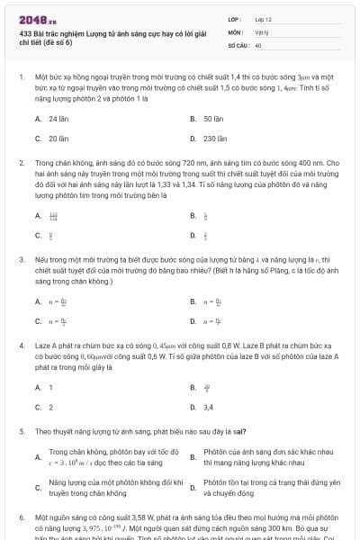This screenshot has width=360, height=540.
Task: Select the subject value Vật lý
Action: [261, 31]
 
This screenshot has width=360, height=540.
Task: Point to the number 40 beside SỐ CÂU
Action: [258, 44]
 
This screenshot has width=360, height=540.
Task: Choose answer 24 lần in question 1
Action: [58, 119]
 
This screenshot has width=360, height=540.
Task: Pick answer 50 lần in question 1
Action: [213, 119]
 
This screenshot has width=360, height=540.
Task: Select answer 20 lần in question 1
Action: [58, 139]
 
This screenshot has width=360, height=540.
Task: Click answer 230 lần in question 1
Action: [215, 139]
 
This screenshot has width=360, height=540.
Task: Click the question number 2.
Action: [21, 164]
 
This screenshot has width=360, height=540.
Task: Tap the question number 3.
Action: [21, 258]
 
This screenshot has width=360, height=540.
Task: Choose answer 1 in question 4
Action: [50, 387]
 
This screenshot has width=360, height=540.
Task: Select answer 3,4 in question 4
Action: [209, 407]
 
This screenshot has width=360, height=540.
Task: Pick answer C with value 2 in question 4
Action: [50, 407]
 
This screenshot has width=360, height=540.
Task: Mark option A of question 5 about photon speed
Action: [105, 456]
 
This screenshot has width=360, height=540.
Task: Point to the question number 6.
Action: [21, 519]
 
